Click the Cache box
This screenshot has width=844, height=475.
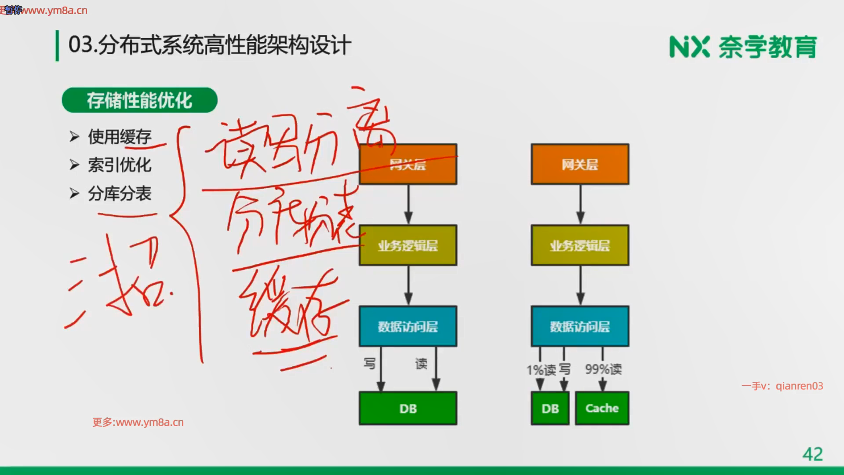click(602, 408)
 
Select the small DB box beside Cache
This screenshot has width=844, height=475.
click(550, 408)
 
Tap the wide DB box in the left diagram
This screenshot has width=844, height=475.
click(408, 408)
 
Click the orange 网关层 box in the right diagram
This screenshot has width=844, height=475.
click(580, 164)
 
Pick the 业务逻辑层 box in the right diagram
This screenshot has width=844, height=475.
click(580, 245)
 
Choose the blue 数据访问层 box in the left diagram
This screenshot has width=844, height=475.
click(408, 326)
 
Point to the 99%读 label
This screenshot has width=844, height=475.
click(603, 369)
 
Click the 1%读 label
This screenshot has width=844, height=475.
click(541, 370)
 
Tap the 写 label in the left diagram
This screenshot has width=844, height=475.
click(370, 364)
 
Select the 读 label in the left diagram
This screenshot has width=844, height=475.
click(421, 364)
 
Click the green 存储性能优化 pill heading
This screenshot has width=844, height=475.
click(139, 100)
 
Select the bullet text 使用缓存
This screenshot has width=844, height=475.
click(120, 137)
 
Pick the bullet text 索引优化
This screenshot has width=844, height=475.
click(120, 165)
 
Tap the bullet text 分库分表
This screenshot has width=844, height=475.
click(120, 194)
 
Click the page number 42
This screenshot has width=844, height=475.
click(812, 454)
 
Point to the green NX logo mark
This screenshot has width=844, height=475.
click(689, 47)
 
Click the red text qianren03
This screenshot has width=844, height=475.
click(799, 386)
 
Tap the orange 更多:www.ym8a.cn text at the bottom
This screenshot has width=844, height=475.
click(138, 422)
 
